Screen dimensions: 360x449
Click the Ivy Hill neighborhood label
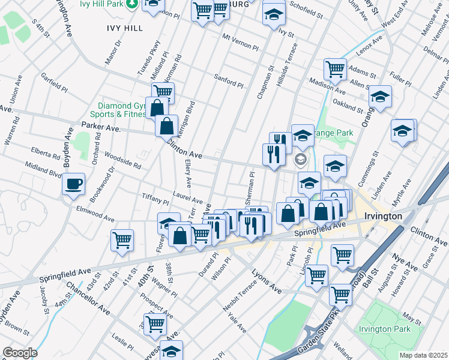tap(124, 28)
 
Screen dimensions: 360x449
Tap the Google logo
tap(20, 353)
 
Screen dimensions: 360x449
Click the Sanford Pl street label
tap(229, 80)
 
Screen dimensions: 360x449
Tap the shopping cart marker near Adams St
tap(335, 68)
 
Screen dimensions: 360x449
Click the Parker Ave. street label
tap(101, 128)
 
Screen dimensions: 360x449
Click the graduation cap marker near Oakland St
tap(379, 96)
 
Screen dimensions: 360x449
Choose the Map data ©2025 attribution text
tap(423, 355)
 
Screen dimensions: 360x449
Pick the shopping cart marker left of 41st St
tap(122, 240)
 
